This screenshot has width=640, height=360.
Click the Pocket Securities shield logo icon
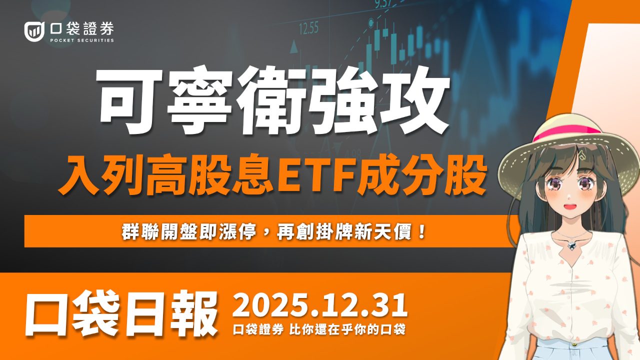pos(34,31)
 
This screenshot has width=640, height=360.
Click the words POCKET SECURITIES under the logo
pos(82,40)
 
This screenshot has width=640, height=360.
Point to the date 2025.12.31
pos(320,306)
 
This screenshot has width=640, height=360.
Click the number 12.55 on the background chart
pos(308,28)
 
